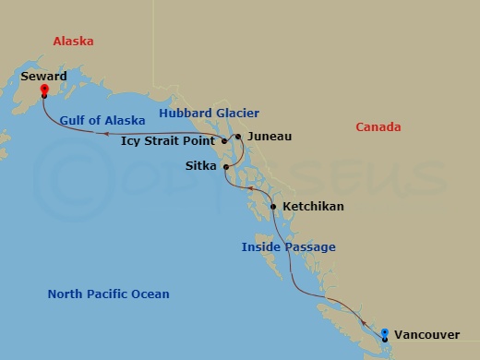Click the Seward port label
43,77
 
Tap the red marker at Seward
43,91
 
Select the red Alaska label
73,42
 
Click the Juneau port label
270,137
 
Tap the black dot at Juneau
238,137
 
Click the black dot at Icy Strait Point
224,142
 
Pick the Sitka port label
200,167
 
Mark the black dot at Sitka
225,167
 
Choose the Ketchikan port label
314,207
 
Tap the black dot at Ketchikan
273,207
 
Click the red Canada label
378,126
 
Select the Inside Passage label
288,246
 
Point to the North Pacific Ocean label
109,294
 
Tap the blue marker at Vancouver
385,332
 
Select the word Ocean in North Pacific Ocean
150,294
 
